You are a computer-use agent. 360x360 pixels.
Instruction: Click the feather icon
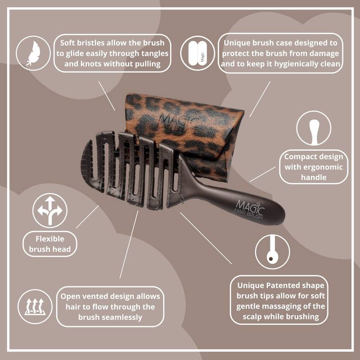pyautogui.click(x=33, y=53)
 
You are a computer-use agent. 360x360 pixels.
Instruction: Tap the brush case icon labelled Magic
pyautogui.click(x=198, y=53)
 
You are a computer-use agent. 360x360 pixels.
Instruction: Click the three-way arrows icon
pyautogui.click(x=50, y=211)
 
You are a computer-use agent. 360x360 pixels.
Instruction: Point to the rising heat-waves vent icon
pyautogui.click(x=35, y=307)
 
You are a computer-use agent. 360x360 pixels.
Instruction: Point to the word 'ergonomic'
pyautogui.click(x=314, y=167)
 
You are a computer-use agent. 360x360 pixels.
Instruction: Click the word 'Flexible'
pyautogui.click(x=50, y=239)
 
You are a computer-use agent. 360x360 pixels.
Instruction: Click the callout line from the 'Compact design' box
pyautogui.click(x=263, y=174)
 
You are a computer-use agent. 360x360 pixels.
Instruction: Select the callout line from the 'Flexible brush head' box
pyautogui.click(x=87, y=216)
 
